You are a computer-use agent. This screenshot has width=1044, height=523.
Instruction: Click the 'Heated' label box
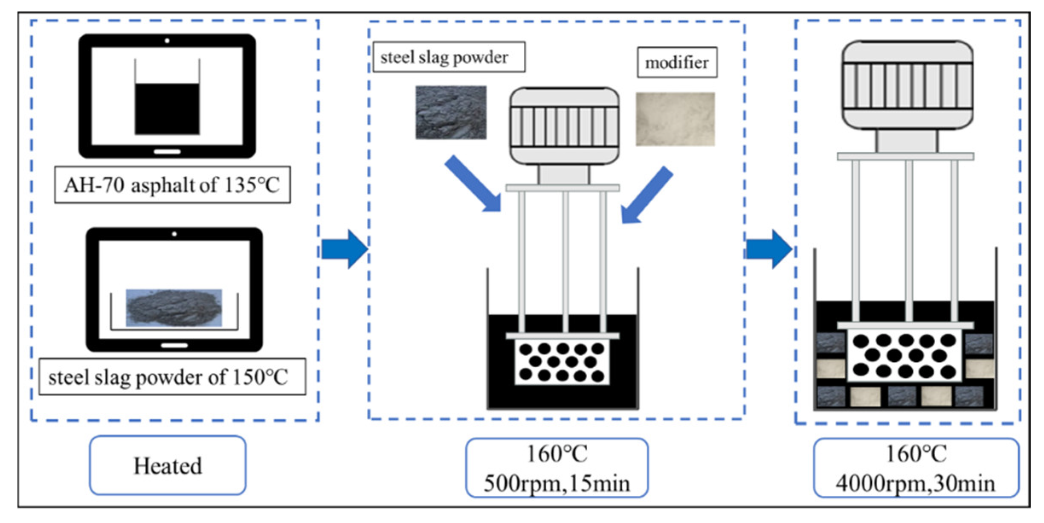[x=168, y=465]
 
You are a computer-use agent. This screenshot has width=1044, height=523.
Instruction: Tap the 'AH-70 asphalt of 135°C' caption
[x=172, y=185]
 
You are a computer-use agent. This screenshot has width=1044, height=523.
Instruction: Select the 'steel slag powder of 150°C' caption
[x=172, y=377]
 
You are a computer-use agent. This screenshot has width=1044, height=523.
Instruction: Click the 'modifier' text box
[x=677, y=62]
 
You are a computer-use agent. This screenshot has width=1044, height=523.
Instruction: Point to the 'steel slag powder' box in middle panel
[x=449, y=57]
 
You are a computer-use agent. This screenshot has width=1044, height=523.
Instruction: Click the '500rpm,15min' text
[x=557, y=484]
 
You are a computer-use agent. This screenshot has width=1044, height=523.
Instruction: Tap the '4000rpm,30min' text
[x=915, y=484]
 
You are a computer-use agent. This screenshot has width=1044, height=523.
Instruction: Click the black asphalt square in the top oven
[x=167, y=109]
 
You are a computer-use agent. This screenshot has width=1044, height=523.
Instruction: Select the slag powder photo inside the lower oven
[x=174, y=308]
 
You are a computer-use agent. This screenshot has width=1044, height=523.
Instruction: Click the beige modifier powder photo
[x=675, y=119]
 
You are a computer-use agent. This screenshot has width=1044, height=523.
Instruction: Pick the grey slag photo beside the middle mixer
[x=451, y=112]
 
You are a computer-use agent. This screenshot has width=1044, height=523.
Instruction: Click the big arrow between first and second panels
[x=345, y=249]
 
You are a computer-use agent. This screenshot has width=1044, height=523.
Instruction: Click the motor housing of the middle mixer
[x=564, y=126]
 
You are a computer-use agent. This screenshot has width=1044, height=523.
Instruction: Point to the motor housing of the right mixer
[x=907, y=85]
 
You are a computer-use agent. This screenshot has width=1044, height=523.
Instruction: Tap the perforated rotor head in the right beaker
[x=904, y=355]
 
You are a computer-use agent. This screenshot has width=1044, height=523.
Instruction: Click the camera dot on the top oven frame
[x=167, y=41]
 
